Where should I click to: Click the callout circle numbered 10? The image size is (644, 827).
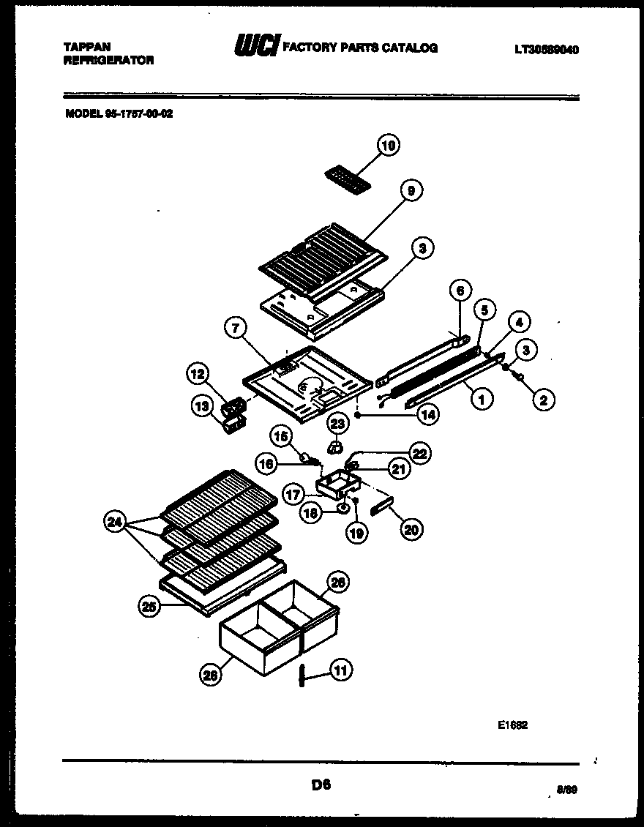coord(389,146)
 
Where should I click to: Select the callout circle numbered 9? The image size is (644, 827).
coord(411,190)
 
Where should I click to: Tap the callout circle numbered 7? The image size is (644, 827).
coord(235,329)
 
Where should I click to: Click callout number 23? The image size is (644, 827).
coord(337,423)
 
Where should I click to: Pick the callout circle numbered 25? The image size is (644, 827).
coord(150,605)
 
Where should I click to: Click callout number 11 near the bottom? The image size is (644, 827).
coord(341,668)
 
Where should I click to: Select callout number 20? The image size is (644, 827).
coord(411,529)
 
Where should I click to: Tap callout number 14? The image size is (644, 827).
coord(427,413)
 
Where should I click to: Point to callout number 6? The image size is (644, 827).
coord(459,291)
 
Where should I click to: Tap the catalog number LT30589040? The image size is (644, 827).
coord(547,50)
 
